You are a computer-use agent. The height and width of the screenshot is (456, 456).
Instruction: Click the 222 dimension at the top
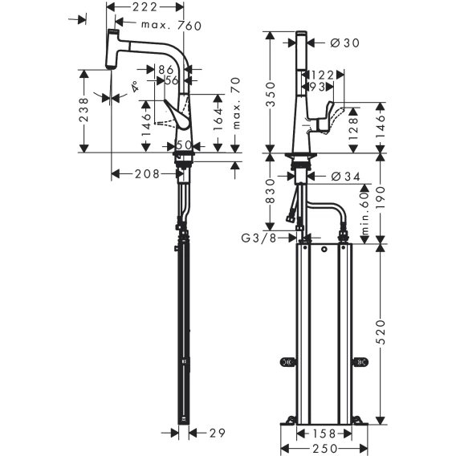[x=145, y=7]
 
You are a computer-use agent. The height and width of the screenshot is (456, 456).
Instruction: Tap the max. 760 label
[x=171, y=26]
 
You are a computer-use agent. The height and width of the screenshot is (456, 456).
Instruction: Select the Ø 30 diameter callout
[x=345, y=43]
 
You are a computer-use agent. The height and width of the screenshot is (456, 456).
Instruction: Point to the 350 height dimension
[x=271, y=94]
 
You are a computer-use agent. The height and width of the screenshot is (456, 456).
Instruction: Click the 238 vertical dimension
[x=83, y=110]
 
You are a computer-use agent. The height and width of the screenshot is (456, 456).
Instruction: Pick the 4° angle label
[x=134, y=87]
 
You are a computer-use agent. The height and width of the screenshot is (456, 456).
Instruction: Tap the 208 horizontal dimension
[x=147, y=174]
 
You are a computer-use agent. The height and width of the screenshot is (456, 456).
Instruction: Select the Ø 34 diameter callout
[x=345, y=177]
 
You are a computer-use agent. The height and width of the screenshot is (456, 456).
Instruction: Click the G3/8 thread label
[x=259, y=238]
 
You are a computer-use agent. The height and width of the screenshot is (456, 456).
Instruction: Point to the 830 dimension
[x=271, y=191]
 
